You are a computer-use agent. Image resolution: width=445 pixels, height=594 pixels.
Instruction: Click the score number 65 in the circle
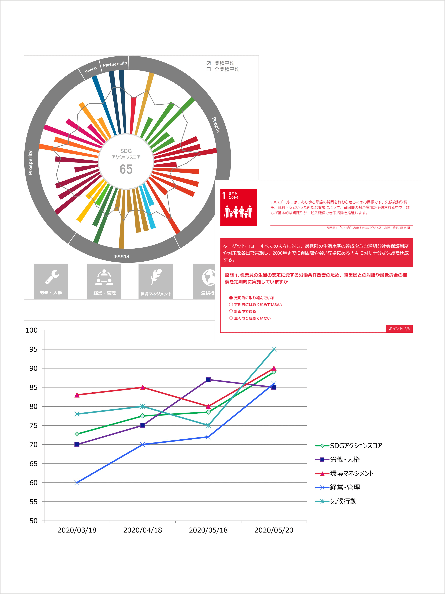pos(126,169)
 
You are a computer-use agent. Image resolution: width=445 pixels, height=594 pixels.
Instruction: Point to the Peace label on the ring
pos(91,70)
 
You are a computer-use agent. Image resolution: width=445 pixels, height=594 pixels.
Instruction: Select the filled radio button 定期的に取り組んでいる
pos(231,298)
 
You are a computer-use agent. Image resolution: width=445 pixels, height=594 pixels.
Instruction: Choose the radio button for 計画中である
pos(231,311)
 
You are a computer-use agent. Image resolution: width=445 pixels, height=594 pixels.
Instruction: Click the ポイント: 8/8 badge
pos(399,329)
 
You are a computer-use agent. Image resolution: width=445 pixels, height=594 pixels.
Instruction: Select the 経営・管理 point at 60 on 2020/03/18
pos(77,483)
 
